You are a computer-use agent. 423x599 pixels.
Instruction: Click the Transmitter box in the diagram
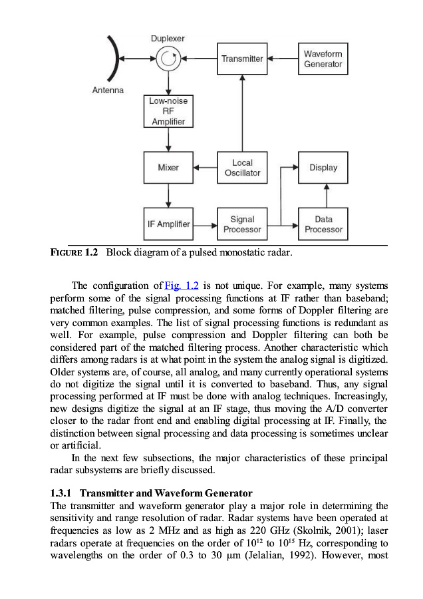(x=242, y=59)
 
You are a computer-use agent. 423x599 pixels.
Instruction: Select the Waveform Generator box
(x=323, y=59)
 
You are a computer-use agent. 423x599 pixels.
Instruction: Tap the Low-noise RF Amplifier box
(x=168, y=111)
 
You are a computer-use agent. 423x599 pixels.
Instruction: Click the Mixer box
(x=168, y=168)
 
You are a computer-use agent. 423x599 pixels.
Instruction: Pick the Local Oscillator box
(x=242, y=168)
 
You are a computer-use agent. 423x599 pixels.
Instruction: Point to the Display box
(x=323, y=168)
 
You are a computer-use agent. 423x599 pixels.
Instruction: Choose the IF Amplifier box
(x=168, y=224)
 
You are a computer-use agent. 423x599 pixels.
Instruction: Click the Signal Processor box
(x=242, y=224)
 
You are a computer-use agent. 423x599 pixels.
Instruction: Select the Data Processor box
(x=323, y=224)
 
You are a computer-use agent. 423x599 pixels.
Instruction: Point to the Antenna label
(x=108, y=90)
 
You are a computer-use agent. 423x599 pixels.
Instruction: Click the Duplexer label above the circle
(x=168, y=39)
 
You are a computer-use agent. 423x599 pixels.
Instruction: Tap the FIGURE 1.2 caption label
(x=74, y=253)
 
